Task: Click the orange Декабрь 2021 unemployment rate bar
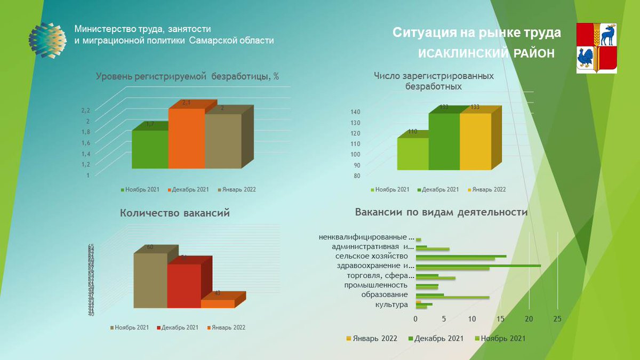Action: tap(186, 139)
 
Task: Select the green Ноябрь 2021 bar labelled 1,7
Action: tap(150, 150)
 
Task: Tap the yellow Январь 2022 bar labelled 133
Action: tap(475, 141)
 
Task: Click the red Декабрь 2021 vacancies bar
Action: tap(183, 286)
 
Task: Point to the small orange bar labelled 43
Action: tap(218, 303)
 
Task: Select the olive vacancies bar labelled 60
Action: tap(150, 281)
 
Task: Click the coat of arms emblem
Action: tap(596, 47)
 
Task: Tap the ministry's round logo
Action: tap(47, 41)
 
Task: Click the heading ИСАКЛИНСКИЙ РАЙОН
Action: tap(486, 54)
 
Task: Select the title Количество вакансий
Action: tap(175, 213)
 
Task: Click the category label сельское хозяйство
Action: tap(379, 256)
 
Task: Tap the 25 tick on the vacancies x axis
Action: tap(557, 319)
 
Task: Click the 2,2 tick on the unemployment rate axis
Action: tap(85, 110)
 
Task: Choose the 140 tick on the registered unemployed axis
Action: tap(355, 112)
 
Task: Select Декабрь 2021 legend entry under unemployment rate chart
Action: tap(188, 189)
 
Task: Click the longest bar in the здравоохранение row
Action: tap(478, 265)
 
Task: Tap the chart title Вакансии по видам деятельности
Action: tap(441, 212)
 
